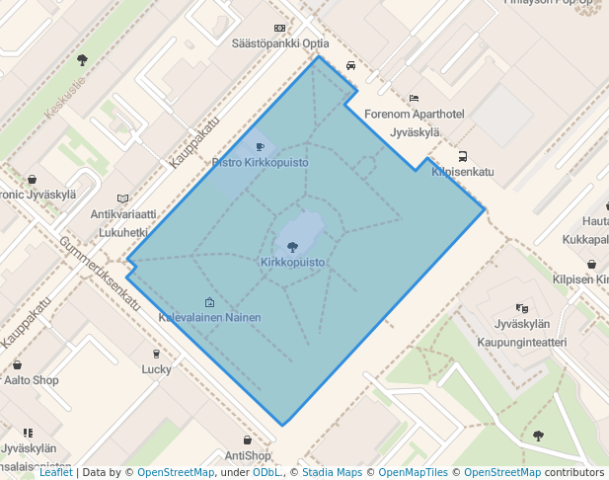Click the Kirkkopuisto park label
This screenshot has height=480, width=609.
(292, 262)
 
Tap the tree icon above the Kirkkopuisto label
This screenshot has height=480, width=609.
(292, 245)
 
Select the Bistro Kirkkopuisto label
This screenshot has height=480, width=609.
(261, 162)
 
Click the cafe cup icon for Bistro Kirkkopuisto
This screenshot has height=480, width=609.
(261, 147)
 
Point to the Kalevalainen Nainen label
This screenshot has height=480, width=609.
(210, 318)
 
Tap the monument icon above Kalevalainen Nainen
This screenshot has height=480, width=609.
(209, 302)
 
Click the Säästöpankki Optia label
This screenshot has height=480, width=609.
(280, 43)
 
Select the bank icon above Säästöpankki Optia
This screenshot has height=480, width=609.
(280, 29)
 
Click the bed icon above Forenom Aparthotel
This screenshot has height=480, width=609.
(414, 99)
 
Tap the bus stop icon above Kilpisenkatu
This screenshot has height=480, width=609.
(462, 156)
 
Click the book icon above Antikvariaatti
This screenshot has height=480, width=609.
(122, 199)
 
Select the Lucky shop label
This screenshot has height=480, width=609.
(156, 369)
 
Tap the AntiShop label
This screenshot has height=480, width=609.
(248, 455)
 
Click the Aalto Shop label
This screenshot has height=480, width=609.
(32, 379)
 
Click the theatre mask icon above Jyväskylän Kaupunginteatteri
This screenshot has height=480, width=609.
(521, 309)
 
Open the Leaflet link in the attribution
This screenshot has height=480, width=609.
(55, 473)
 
